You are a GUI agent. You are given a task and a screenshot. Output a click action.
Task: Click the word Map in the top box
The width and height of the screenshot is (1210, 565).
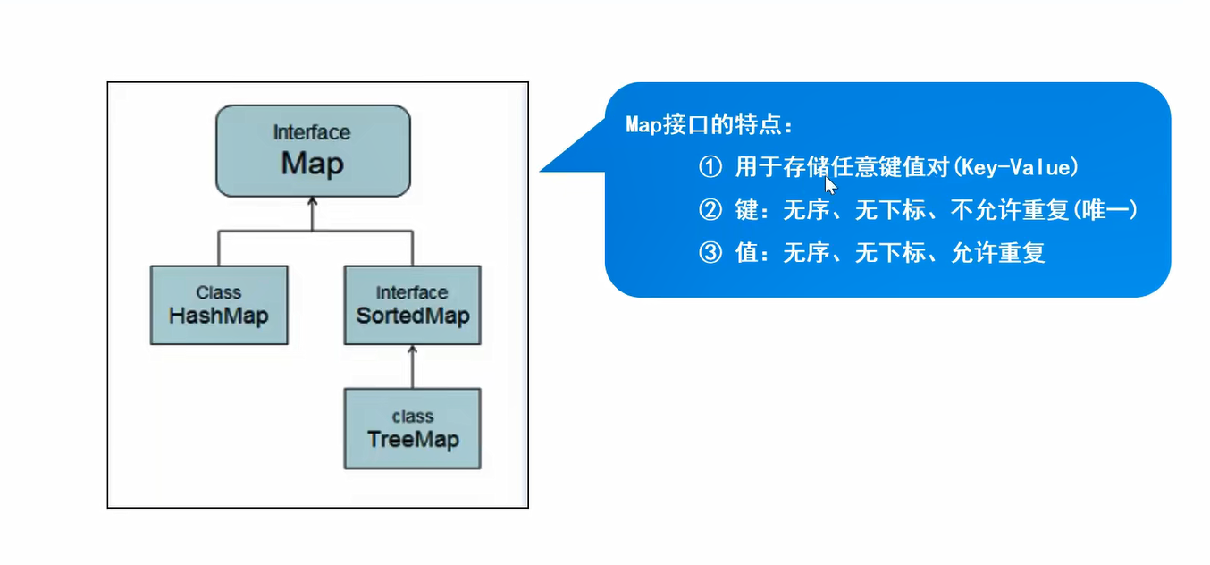click(312, 163)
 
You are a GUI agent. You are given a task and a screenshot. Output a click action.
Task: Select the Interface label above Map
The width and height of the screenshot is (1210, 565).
click(312, 132)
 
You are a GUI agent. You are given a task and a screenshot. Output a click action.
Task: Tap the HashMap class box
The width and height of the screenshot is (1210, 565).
click(219, 305)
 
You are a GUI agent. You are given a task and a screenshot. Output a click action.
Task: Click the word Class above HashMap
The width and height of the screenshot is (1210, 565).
click(218, 292)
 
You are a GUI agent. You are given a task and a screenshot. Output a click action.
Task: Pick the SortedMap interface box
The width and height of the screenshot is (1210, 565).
click(412, 305)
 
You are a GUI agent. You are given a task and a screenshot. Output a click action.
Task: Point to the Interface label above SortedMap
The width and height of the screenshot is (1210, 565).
click(412, 292)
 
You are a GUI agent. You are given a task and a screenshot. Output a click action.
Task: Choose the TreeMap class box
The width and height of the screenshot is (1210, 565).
click(412, 428)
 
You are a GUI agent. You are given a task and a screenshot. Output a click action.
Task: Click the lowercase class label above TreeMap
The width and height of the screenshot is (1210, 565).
click(413, 417)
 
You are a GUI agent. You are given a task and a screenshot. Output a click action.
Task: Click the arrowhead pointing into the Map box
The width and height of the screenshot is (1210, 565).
click(312, 201)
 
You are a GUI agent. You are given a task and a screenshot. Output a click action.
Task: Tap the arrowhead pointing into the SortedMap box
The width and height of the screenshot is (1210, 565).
click(413, 350)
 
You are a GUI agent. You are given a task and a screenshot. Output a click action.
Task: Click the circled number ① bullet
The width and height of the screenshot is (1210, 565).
click(710, 167)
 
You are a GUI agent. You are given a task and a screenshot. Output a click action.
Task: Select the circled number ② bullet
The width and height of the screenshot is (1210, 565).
click(710, 209)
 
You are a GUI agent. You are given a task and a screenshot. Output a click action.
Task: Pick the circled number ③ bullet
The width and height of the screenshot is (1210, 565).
click(710, 252)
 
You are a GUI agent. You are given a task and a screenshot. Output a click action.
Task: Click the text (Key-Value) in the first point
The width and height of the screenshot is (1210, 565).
click(1016, 167)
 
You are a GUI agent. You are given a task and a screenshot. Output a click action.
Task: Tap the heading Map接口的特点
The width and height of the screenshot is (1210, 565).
click(709, 125)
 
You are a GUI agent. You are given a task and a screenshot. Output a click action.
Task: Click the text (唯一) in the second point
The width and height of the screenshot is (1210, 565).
click(1105, 209)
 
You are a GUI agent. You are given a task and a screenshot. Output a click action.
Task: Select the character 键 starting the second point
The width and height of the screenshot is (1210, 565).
click(746, 209)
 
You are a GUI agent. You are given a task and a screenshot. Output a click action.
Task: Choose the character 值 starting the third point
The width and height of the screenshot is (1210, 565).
click(746, 252)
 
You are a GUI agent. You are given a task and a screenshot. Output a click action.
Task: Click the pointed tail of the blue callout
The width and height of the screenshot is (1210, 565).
click(542, 171)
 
